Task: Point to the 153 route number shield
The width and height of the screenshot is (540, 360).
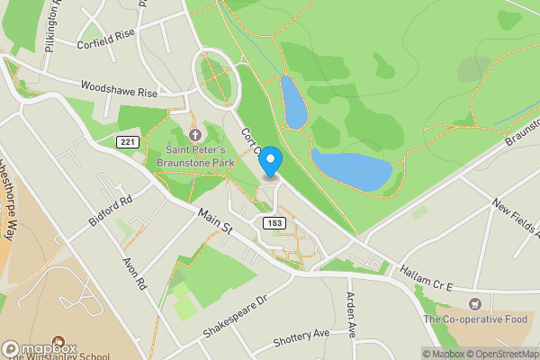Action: click(x=274, y=221)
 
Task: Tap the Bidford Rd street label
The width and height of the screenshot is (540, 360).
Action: click(x=111, y=212)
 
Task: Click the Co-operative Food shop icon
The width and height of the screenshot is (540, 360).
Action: click(x=475, y=304)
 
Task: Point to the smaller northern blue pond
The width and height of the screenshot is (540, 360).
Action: click(x=292, y=102)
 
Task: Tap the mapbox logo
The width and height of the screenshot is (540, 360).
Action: click(x=40, y=348)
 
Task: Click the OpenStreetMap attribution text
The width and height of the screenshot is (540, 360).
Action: click(x=499, y=354)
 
